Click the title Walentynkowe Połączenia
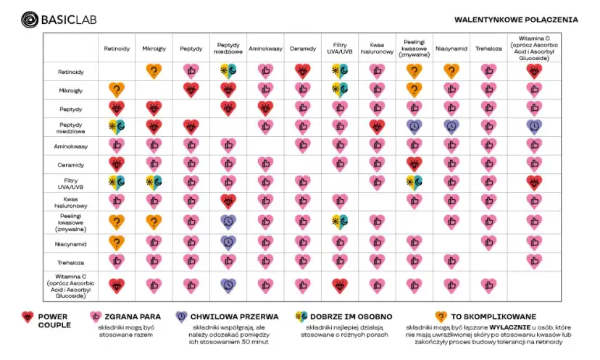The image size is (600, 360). tap(516, 20)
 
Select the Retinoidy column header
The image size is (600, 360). tap(117, 49)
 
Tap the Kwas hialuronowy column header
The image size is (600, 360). tap(377, 49)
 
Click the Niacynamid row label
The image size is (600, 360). tap(71, 243)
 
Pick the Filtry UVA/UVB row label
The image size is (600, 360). tap(71, 182)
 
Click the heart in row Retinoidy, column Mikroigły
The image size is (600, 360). tap(154, 71)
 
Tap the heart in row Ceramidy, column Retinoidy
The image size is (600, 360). tap(117, 163)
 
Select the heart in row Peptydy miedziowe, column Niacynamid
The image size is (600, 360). tap(451, 125)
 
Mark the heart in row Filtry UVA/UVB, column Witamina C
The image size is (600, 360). tap(534, 182)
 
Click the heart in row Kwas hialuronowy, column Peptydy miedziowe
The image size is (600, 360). tap(228, 201)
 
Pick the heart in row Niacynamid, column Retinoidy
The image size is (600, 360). tap(117, 243)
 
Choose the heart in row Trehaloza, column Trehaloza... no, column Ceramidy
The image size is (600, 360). tap(302, 261)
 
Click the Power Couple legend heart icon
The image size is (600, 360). tap(28, 317)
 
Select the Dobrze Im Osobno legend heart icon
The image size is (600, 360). tap(299, 317)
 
